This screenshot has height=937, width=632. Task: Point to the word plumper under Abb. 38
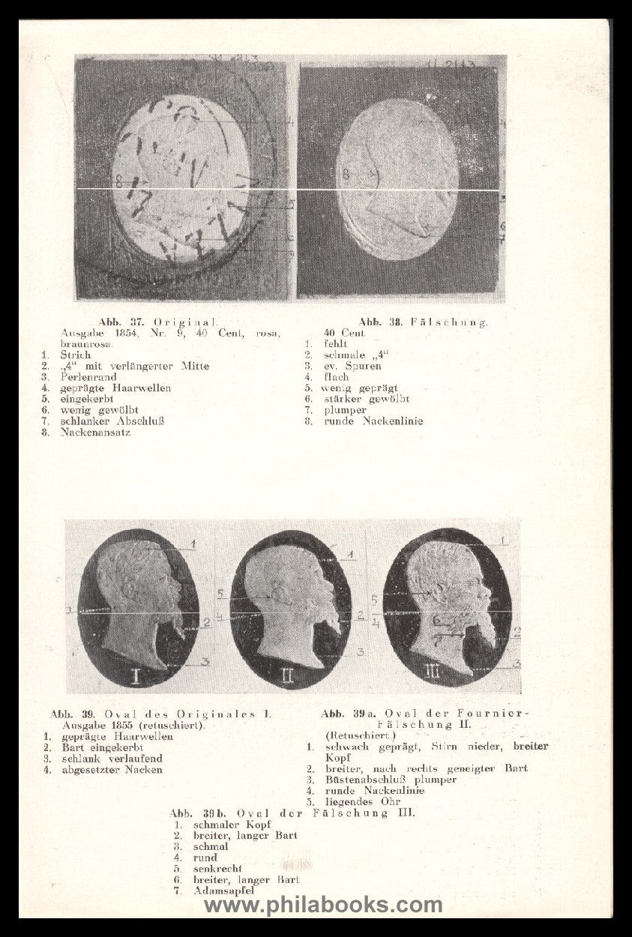[346, 410]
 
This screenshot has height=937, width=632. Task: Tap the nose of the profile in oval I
[178, 584]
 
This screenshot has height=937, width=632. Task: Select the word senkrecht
[217, 869]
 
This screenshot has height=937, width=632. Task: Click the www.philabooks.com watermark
[323, 906]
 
